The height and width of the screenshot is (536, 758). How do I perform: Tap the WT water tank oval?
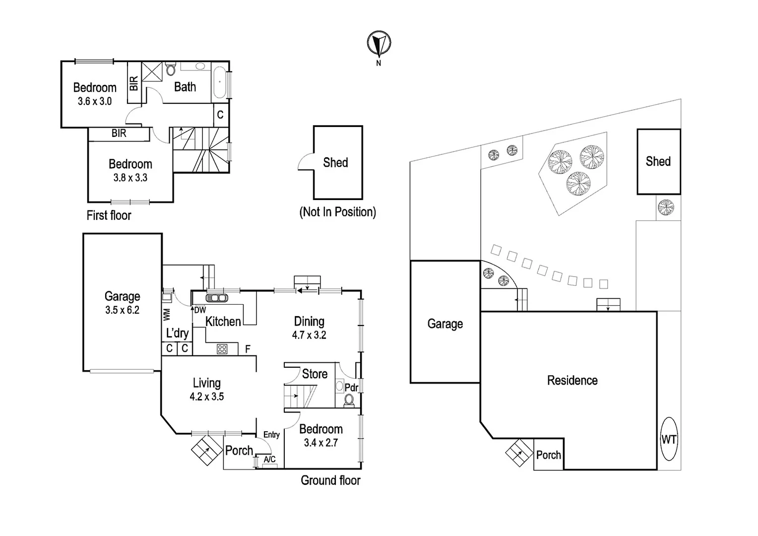(669, 439)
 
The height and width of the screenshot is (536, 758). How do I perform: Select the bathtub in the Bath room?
(219, 81)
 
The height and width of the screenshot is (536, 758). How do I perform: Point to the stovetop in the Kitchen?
(222, 349)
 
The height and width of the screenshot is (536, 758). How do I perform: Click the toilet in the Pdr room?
(349, 400)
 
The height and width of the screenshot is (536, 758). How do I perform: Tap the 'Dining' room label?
(309, 321)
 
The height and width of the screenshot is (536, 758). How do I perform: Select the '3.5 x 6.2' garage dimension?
(122, 310)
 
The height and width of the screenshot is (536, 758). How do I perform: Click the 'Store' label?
(315, 374)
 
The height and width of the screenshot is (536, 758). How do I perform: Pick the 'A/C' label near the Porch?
(269, 460)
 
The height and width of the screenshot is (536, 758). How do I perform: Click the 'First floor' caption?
(109, 215)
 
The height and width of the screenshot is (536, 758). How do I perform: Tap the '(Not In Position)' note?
(337, 212)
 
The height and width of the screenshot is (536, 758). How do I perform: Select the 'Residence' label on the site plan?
(572, 380)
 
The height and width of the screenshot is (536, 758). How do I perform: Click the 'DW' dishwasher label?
(200, 310)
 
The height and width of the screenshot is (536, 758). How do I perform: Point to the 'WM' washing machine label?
(167, 314)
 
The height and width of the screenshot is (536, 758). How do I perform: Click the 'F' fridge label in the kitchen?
(248, 349)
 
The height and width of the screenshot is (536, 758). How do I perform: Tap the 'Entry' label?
(271, 435)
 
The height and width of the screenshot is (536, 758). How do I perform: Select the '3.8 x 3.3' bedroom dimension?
(130, 178)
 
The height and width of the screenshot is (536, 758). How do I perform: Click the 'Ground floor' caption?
(330, 480)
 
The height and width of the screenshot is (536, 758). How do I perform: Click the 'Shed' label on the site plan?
(658, 161)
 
